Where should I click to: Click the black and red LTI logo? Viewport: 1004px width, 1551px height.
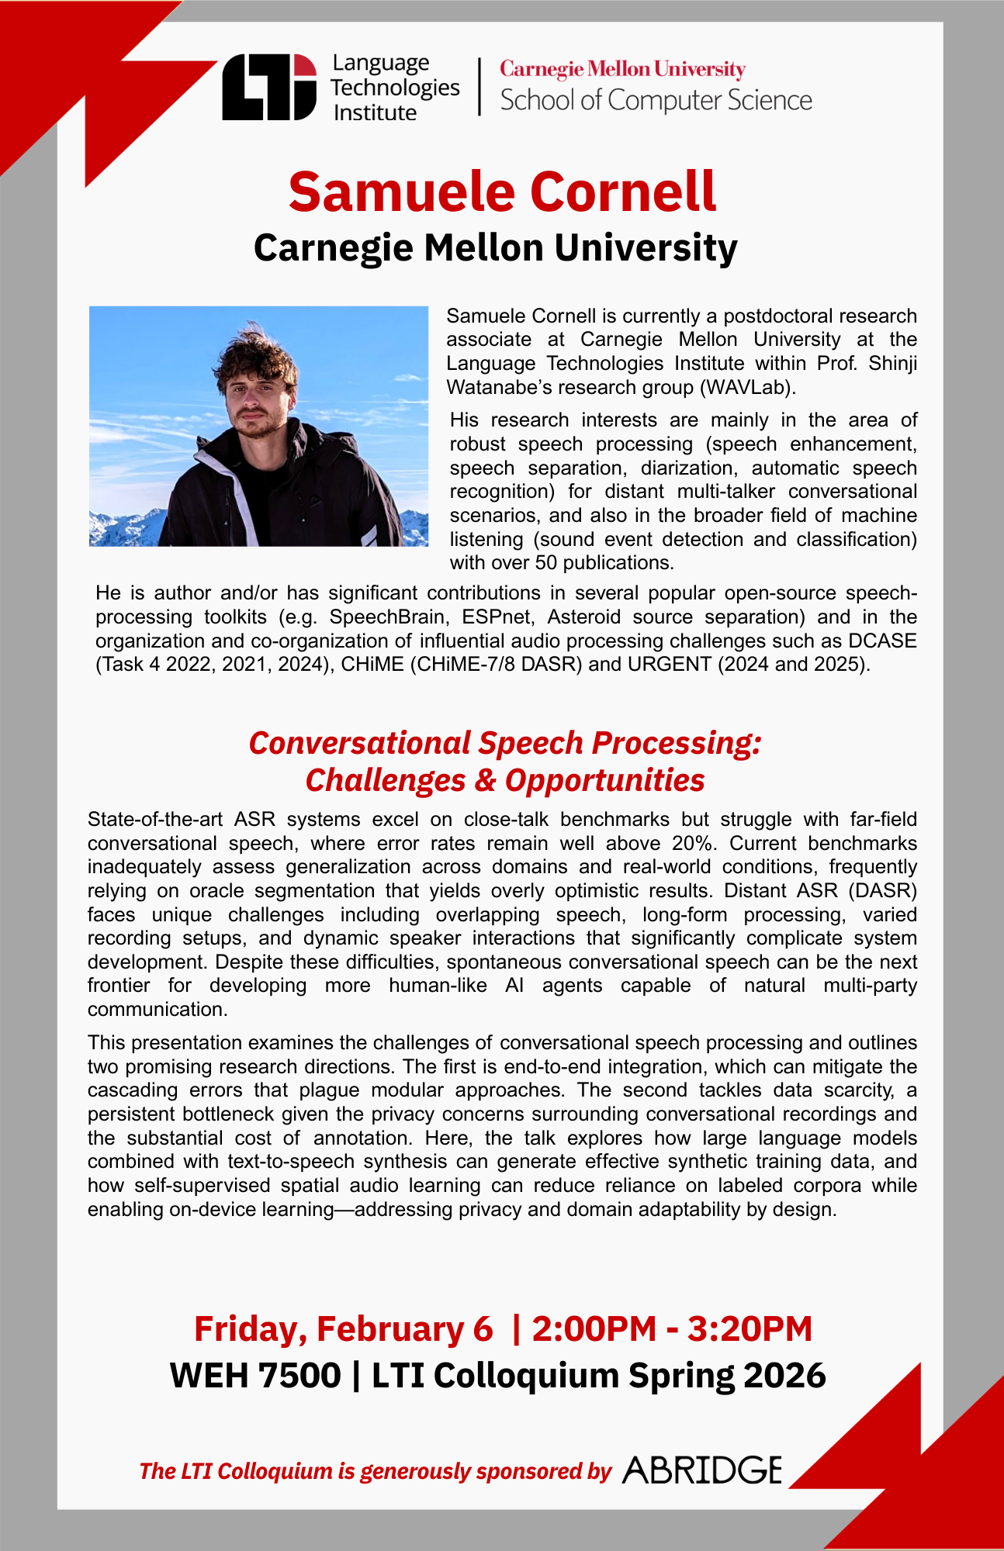pyautogui.click(x=269, y=87)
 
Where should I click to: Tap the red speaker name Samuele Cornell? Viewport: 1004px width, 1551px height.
pyautogui.click(x=502, y=192)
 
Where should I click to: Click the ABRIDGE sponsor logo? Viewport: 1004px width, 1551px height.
pyautogui.click(x=702, y=1470)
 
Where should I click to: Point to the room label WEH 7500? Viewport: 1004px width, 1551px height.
pyautogui.click(x=255, y=1376)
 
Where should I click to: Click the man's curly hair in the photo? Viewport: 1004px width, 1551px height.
pyautogui.click(x=253, y=357)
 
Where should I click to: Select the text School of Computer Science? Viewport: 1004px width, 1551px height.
pyautogui.click(x=656, y=101)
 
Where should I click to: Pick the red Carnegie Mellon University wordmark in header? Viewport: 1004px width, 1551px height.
pyautogui.click(x=622, y=70)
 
